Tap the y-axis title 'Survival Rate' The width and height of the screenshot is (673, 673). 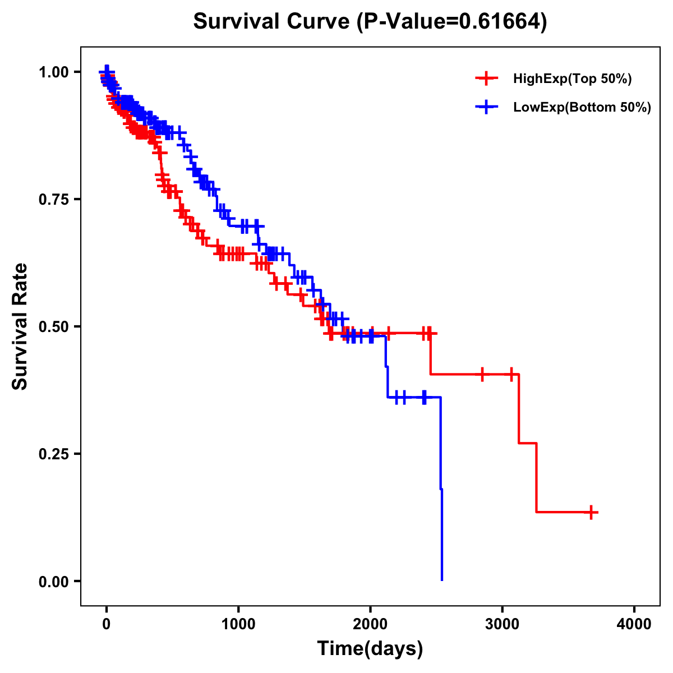pos(20,326)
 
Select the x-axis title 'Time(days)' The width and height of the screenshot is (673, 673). pos(370,649)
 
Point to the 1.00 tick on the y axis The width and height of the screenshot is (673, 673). pos(53,72)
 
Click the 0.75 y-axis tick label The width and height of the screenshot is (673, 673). pos(53,199)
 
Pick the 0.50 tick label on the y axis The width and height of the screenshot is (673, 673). pos(53,326)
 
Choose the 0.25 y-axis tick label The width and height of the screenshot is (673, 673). pos(53,454)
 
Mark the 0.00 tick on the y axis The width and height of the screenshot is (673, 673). pos(53,581)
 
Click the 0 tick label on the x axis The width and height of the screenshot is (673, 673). pos(107,624)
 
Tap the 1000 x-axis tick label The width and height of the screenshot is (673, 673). pos(238,624)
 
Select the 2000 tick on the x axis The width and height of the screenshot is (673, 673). pos(370,624)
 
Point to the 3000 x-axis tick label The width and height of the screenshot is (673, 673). pos(503,624)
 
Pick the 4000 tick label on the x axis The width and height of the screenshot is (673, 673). pos(634,624)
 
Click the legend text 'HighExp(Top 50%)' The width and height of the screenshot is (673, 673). pos(572,79)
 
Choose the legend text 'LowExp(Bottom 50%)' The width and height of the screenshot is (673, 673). pos(582,108)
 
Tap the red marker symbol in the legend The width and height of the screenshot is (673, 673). pos(486,79)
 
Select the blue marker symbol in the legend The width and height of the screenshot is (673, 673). pos(486,107)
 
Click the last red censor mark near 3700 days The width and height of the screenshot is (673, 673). pos(591,512)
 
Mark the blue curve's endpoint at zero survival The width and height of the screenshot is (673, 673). pos(442,580)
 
